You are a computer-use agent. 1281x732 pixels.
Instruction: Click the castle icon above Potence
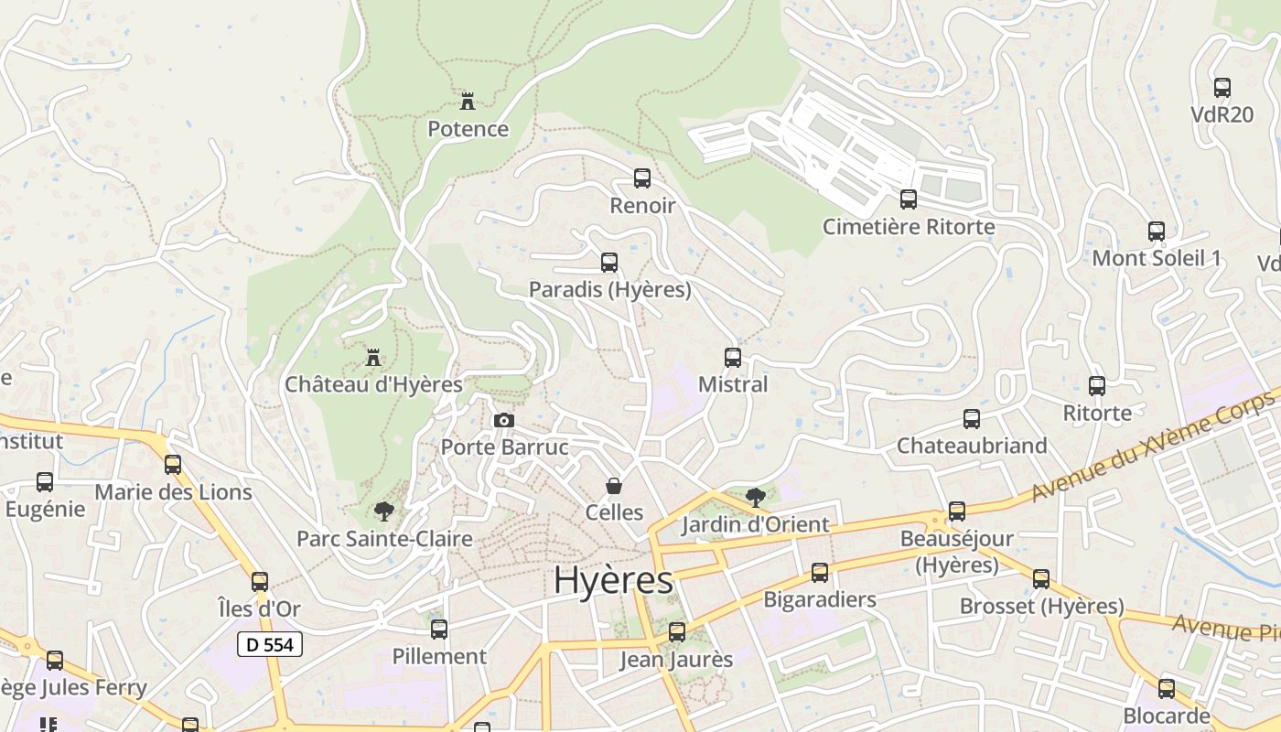(468, 101)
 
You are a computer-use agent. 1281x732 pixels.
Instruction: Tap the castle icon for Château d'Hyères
(373, 357)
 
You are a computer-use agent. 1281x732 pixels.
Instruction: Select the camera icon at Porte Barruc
(503, 421)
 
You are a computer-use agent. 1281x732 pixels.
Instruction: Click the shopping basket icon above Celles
(614, 486)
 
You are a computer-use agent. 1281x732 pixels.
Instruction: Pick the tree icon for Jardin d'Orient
(756, 498)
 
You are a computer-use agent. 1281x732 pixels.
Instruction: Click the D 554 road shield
(270, 644)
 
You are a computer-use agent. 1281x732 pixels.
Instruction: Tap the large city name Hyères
(613, 580)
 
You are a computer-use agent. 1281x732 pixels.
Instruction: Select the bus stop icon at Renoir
(642, 178)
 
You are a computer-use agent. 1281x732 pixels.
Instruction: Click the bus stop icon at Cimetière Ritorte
(909, 199)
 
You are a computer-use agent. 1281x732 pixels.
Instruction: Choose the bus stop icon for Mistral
(733, 358)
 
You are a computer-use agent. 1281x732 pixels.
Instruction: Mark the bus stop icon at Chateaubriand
(972, 419)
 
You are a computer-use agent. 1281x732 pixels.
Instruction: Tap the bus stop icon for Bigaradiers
(820, 573)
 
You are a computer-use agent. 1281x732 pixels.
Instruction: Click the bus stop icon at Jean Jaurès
(677, 632)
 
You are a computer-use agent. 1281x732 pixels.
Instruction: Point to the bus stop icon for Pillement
(439, 630)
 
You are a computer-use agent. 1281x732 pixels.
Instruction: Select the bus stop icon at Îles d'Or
(260, 582)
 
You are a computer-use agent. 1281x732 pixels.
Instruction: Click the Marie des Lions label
(173, 492)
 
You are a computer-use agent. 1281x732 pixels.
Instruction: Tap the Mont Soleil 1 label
(1157, 258)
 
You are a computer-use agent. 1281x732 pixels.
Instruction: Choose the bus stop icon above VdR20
(1222, 88)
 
